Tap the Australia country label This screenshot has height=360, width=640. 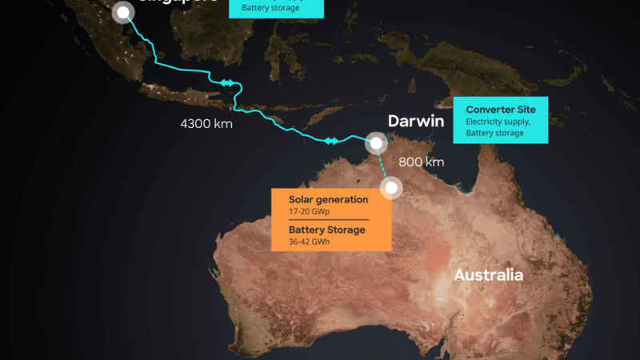click(x=488, y=275)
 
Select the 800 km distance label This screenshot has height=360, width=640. click(x=421, y=162)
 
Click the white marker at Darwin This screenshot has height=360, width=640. click(x=375, y=144)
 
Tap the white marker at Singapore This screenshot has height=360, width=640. click(x=122, y=13)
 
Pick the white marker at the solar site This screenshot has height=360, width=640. click(x=392, y=188)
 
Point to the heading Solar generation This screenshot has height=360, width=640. click(x=329, y=199)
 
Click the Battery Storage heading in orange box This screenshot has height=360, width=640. click(x=326, y=230)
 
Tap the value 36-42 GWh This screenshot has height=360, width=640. click(x=310, y=242)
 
